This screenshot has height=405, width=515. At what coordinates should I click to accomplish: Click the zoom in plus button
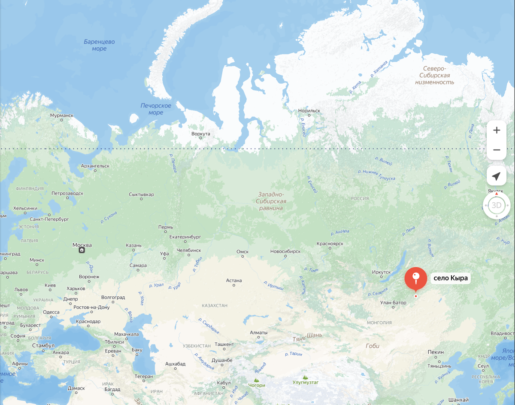(x=497, y=130)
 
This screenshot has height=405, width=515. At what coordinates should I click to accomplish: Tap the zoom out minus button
(x=497, y=150)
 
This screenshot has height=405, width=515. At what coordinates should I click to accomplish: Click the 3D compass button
(x=497, y=205)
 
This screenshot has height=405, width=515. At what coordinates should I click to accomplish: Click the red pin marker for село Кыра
(x=415, y=278)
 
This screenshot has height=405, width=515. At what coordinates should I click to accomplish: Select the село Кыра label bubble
(x=450, y=278)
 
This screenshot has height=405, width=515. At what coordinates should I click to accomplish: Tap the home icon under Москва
(x=82, y=250)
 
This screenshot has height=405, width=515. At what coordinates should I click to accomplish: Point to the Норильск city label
(x=309, y=110)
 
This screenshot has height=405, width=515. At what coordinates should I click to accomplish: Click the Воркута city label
(x=201, y=134)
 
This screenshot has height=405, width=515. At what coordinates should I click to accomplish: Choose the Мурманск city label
(x=62, y=116)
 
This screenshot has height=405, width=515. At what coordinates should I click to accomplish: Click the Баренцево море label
(x=99, y=45)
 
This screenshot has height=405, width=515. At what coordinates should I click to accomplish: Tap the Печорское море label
(x=156, y=109)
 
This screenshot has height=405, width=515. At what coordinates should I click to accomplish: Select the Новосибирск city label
(x=285, y=251)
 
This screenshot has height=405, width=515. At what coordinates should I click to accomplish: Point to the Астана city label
(x=234, y=280)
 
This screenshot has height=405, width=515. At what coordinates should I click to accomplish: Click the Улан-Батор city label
(x=393, y=303)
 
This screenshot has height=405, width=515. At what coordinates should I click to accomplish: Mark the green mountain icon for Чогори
(x=257, y=380)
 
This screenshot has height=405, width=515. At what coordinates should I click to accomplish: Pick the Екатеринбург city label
(x=185, y=237)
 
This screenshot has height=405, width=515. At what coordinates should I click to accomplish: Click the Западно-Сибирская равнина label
(x=270, y=201)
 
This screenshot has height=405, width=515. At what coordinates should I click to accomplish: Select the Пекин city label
(x=436, y=352)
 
